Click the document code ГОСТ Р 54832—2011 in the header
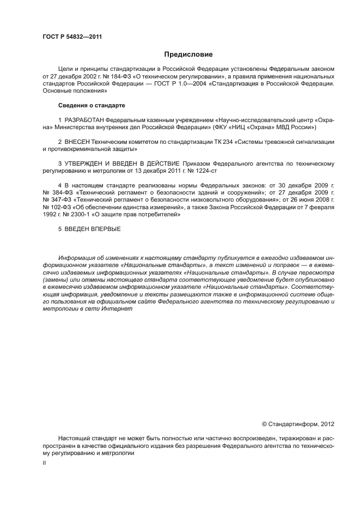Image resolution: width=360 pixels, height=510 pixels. click(x=72, y=37)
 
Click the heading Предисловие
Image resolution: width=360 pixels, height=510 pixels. click(x=188, y=54)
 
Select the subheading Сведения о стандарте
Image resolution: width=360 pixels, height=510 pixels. click(x=91, y=104)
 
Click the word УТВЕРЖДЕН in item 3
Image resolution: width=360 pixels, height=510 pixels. click(x=86, y=163)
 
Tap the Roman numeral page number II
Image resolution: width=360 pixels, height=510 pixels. click(x=45, y=463)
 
